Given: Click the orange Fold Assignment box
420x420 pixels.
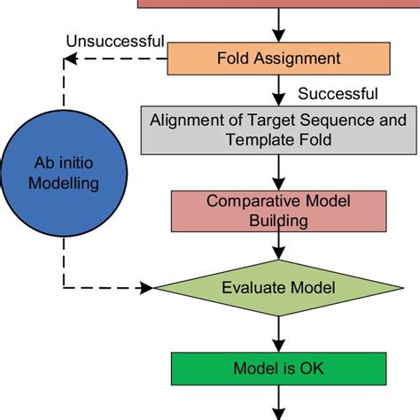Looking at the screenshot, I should pyautogui.click(x=278, y=59).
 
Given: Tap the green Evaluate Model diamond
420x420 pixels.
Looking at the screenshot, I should pyautogui.click(x=278, y=287).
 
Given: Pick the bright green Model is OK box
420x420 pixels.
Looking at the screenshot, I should pyautogui.click(x=278, y=368).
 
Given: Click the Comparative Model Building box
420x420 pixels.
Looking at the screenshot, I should pyautogui.click(x=278, y=210).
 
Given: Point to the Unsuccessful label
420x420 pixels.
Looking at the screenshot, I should pyautogui.click(x=114, y=41).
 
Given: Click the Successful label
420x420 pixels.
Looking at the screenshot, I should pyautogui.click(x=338, y=94).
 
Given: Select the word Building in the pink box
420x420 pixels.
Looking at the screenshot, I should pyautogui.click(x=278, y=220).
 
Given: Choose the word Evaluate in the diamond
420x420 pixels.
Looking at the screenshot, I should pyautogui.click(x=257, y=287).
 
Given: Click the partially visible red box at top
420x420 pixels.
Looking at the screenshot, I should pyautogui.click(x=278, y=4).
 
